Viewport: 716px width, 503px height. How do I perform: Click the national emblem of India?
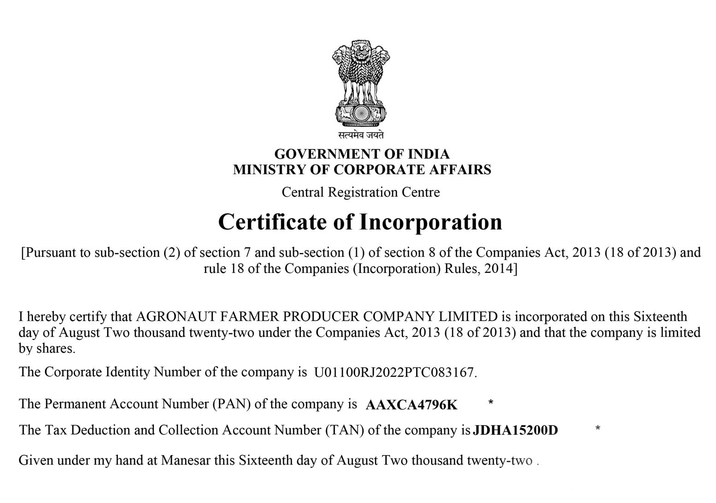[361, 83]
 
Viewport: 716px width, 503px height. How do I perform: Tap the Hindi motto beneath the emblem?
[361, 135]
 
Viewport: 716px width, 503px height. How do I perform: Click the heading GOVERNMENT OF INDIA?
[362, 154]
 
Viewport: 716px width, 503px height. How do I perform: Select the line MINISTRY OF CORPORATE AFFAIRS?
[362, 170]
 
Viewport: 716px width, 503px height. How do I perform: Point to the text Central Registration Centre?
[361, 192]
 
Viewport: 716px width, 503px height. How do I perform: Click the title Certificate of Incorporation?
[360, 222]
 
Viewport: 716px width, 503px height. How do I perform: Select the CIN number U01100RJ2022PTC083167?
[394, 373]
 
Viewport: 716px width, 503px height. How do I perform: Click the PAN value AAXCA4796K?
[411, 405]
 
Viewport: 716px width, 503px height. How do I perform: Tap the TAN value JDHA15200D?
[515, 431]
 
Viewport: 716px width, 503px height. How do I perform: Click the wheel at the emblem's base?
[361, 112]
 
